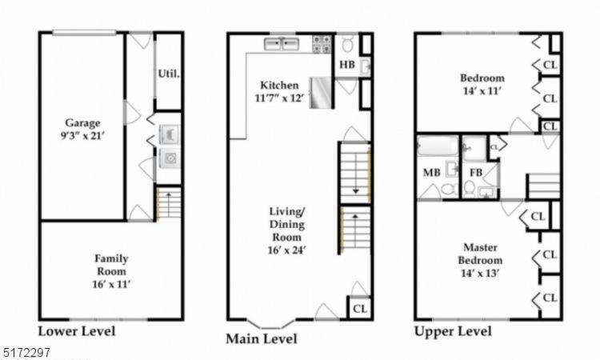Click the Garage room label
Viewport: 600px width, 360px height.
82,123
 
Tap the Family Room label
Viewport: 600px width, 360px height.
110,259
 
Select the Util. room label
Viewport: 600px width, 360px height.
167,73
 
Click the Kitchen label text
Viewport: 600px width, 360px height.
279,85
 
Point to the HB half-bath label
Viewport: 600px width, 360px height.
347,64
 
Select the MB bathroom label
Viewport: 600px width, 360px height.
430,172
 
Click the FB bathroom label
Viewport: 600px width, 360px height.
476,172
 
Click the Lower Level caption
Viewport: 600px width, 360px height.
77,331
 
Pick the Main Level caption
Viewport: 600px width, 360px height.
262,339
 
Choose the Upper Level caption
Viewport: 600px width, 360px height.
451,331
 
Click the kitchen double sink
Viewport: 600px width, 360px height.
282,44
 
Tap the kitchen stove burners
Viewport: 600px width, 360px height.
322,44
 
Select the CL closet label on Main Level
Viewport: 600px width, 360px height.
359,308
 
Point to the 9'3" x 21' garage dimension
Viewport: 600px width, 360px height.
82,137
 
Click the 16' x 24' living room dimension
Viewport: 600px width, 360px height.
286,250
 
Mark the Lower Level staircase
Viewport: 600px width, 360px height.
168,203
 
